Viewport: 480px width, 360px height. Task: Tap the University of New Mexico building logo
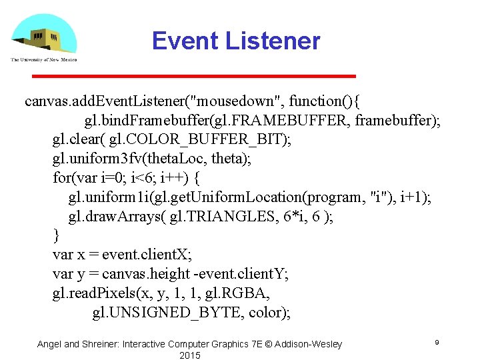43,37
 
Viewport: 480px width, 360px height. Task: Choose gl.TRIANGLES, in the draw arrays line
215,217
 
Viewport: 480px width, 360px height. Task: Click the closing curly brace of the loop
57,236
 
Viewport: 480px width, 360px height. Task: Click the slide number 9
436,342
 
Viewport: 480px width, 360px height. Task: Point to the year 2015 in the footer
189,355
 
